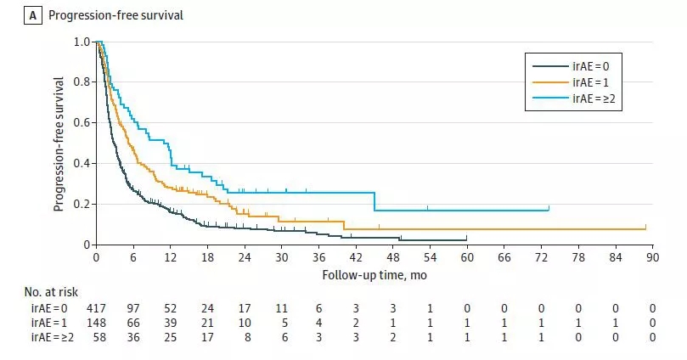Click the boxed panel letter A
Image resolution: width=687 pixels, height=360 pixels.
click(x=34, y=14)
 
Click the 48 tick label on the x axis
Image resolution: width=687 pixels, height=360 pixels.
click(x=394, y=257)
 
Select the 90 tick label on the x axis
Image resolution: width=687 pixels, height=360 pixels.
click(x=653, y=257)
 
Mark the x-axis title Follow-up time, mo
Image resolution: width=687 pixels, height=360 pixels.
click(x=374, y=275)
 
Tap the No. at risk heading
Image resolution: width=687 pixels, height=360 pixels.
click(x=53, y=291)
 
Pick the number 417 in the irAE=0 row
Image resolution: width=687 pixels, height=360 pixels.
click(x=95, y=307)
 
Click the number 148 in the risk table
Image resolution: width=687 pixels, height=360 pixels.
click(x=95, y=322)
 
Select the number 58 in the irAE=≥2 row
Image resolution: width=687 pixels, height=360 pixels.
click(x=95, y=337)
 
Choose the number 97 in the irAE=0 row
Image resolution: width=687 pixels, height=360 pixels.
click(x=132, y=307)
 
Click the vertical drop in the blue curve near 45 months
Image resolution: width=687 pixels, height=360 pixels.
click(x=374, y=201)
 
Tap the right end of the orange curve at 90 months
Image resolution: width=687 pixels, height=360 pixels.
click(x=646, y=228)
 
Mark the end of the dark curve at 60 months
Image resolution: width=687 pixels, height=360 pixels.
click(x=467, y=239)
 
